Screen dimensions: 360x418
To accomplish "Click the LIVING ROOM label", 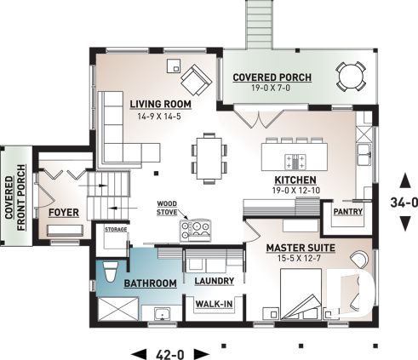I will (x=159, y=105).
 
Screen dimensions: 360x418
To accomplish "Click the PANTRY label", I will (x=348, y=210).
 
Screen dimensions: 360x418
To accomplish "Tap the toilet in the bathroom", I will (x=109, y=271).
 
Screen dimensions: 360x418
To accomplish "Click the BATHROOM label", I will (x=149, y=283).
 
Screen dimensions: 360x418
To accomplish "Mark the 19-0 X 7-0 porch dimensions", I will (x=272, y=89).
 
